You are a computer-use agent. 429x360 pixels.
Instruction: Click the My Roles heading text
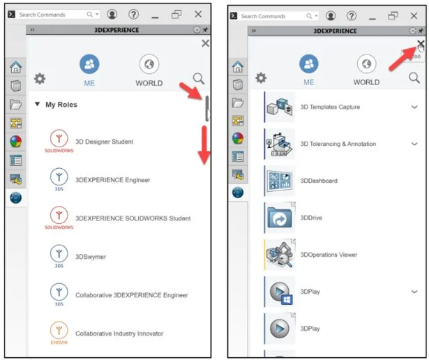(x=61, y=105)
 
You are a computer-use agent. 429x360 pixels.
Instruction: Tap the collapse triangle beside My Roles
(x=37, y=104)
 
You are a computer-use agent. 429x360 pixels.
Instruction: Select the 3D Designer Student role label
(x=104, y=142)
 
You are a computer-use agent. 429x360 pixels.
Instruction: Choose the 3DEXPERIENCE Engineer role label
(x=113, y=180)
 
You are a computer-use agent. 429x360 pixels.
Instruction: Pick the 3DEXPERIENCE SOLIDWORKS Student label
(x=133, y=218)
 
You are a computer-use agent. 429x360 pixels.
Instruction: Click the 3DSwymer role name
(x=91, y=257)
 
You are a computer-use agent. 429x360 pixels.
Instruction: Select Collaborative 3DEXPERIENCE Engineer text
(x=132, y=295)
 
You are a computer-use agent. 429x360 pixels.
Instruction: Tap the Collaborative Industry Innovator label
(x=119, y=333)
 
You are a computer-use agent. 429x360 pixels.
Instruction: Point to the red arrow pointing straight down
(x=204, y=145)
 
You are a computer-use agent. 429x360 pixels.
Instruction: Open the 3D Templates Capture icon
(x=280, y=107)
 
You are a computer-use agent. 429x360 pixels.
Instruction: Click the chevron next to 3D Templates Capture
(x=414, y=107)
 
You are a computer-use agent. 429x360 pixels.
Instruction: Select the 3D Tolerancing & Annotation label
(x=338, y=144)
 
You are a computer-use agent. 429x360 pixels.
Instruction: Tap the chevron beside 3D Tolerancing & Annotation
(x=414, y=144)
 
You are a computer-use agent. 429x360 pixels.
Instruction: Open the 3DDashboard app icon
(x=280, y=181)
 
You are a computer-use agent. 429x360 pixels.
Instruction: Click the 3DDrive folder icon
(x=280, y=218)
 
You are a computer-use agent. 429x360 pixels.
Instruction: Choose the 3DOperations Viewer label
(x=329, y=255)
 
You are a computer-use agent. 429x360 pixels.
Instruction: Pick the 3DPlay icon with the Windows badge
(x=280, y=292)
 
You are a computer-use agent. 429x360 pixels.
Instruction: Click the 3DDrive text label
(x=311, y=218)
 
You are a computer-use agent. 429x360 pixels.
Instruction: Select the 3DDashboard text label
(x=319, y=181)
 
